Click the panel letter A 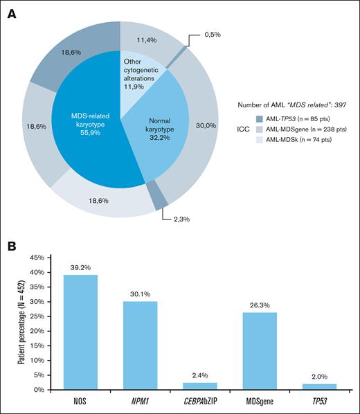[x=12, y=13]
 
